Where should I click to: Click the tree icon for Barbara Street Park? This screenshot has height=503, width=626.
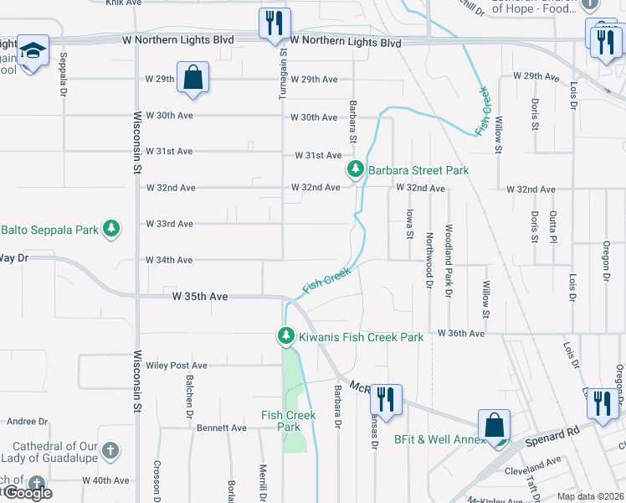pos(356,170)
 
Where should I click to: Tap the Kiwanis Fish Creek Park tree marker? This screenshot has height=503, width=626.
pos(286,336)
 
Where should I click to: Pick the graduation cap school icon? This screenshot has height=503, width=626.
pos(33,50)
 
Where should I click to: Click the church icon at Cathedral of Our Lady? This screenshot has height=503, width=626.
pos(109,453)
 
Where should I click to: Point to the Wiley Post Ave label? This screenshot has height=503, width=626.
pos(176,366)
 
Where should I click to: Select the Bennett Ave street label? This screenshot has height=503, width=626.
pos(222,428)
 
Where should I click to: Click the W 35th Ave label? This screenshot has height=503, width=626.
pos(200,296)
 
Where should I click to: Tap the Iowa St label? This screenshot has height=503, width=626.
pos(409,223)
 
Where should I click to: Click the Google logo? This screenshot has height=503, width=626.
pos(27,493)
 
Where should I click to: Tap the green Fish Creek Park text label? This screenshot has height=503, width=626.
pos(288,421)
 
